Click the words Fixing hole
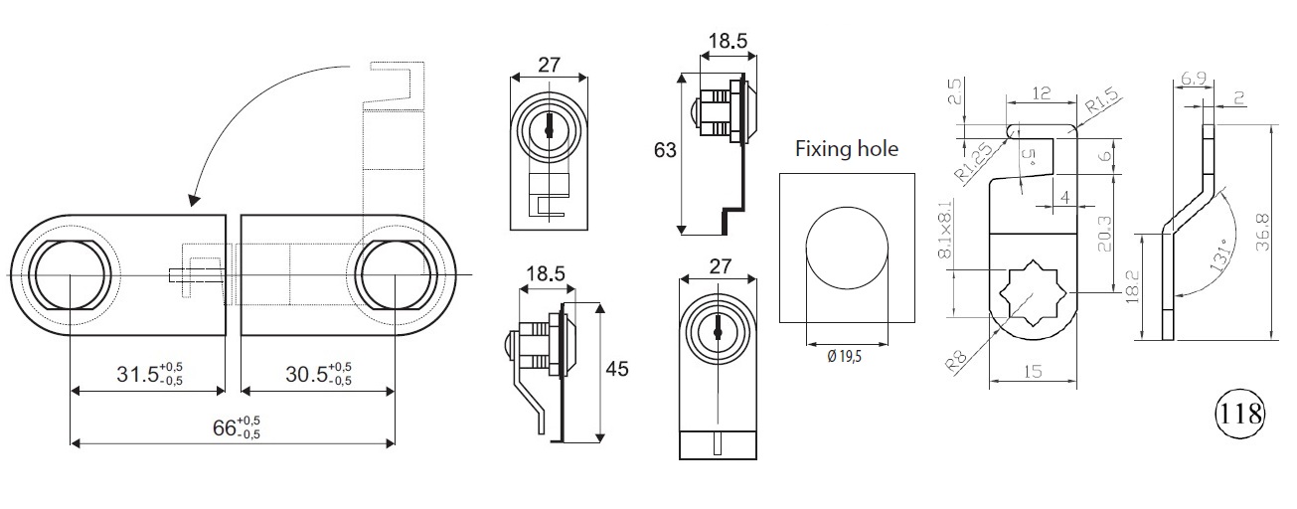click(846, 149)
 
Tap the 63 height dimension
click(665, 151)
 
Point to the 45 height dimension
click(617, 369)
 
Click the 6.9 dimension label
click(1195, 78)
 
